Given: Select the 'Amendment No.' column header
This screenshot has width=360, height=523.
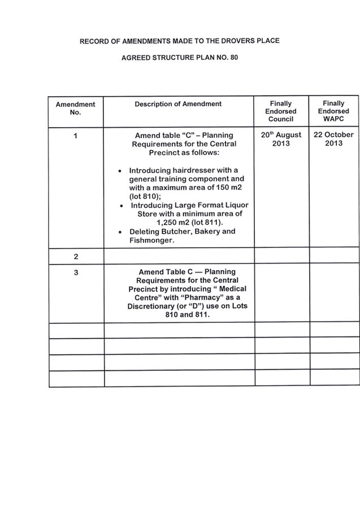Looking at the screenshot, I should tap(76, 108).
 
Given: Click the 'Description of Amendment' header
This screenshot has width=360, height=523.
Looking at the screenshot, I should tap(178, 104).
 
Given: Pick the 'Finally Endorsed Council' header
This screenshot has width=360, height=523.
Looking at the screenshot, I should tap(281, 111).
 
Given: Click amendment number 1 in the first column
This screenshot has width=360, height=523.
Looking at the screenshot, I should tap(76, 136).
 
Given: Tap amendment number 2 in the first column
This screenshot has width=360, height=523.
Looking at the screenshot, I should tap(76, 257).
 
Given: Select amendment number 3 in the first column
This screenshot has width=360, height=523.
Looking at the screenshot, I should tap(76, 273).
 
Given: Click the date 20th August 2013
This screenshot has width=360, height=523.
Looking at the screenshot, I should tap(281, 139).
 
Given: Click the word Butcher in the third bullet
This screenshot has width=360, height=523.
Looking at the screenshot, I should tap(174, 232).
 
